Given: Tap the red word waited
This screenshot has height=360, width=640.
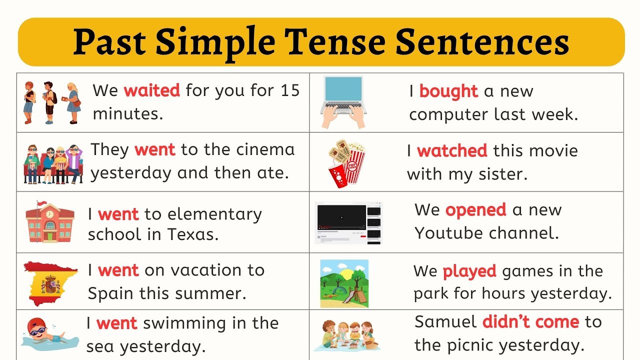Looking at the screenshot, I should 151,90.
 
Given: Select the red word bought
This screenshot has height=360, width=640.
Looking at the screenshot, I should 448,91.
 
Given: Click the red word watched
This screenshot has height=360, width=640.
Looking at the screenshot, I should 452,150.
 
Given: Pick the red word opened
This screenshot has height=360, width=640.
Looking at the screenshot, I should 475,210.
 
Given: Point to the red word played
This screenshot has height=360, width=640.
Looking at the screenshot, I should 469,271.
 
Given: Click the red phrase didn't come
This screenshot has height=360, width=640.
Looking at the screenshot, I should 530,321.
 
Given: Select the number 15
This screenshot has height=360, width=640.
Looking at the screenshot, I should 289,90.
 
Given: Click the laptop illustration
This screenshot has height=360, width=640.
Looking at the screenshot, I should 343,101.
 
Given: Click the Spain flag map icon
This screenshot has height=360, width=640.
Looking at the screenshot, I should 50,282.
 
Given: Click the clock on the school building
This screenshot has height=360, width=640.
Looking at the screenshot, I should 49,214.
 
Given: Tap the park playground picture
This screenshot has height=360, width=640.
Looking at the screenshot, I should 344,283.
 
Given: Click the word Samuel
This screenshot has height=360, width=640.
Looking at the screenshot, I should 445,321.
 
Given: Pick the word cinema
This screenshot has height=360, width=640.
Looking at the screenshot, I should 265,149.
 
